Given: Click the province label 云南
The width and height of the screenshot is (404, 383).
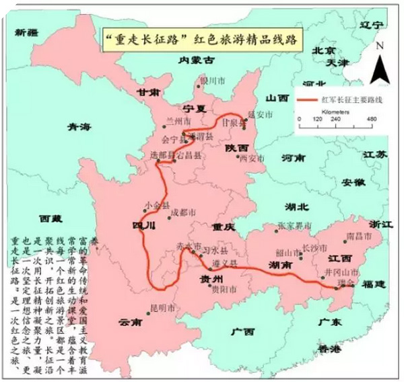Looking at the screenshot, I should (127, 323).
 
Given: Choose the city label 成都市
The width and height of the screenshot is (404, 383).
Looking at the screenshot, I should (182, 212).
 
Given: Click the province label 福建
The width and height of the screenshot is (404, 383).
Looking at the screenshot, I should (370, 284).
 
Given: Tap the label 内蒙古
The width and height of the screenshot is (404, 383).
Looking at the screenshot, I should (196, 60).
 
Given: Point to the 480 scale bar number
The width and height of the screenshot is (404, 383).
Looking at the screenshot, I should (371, 118).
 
